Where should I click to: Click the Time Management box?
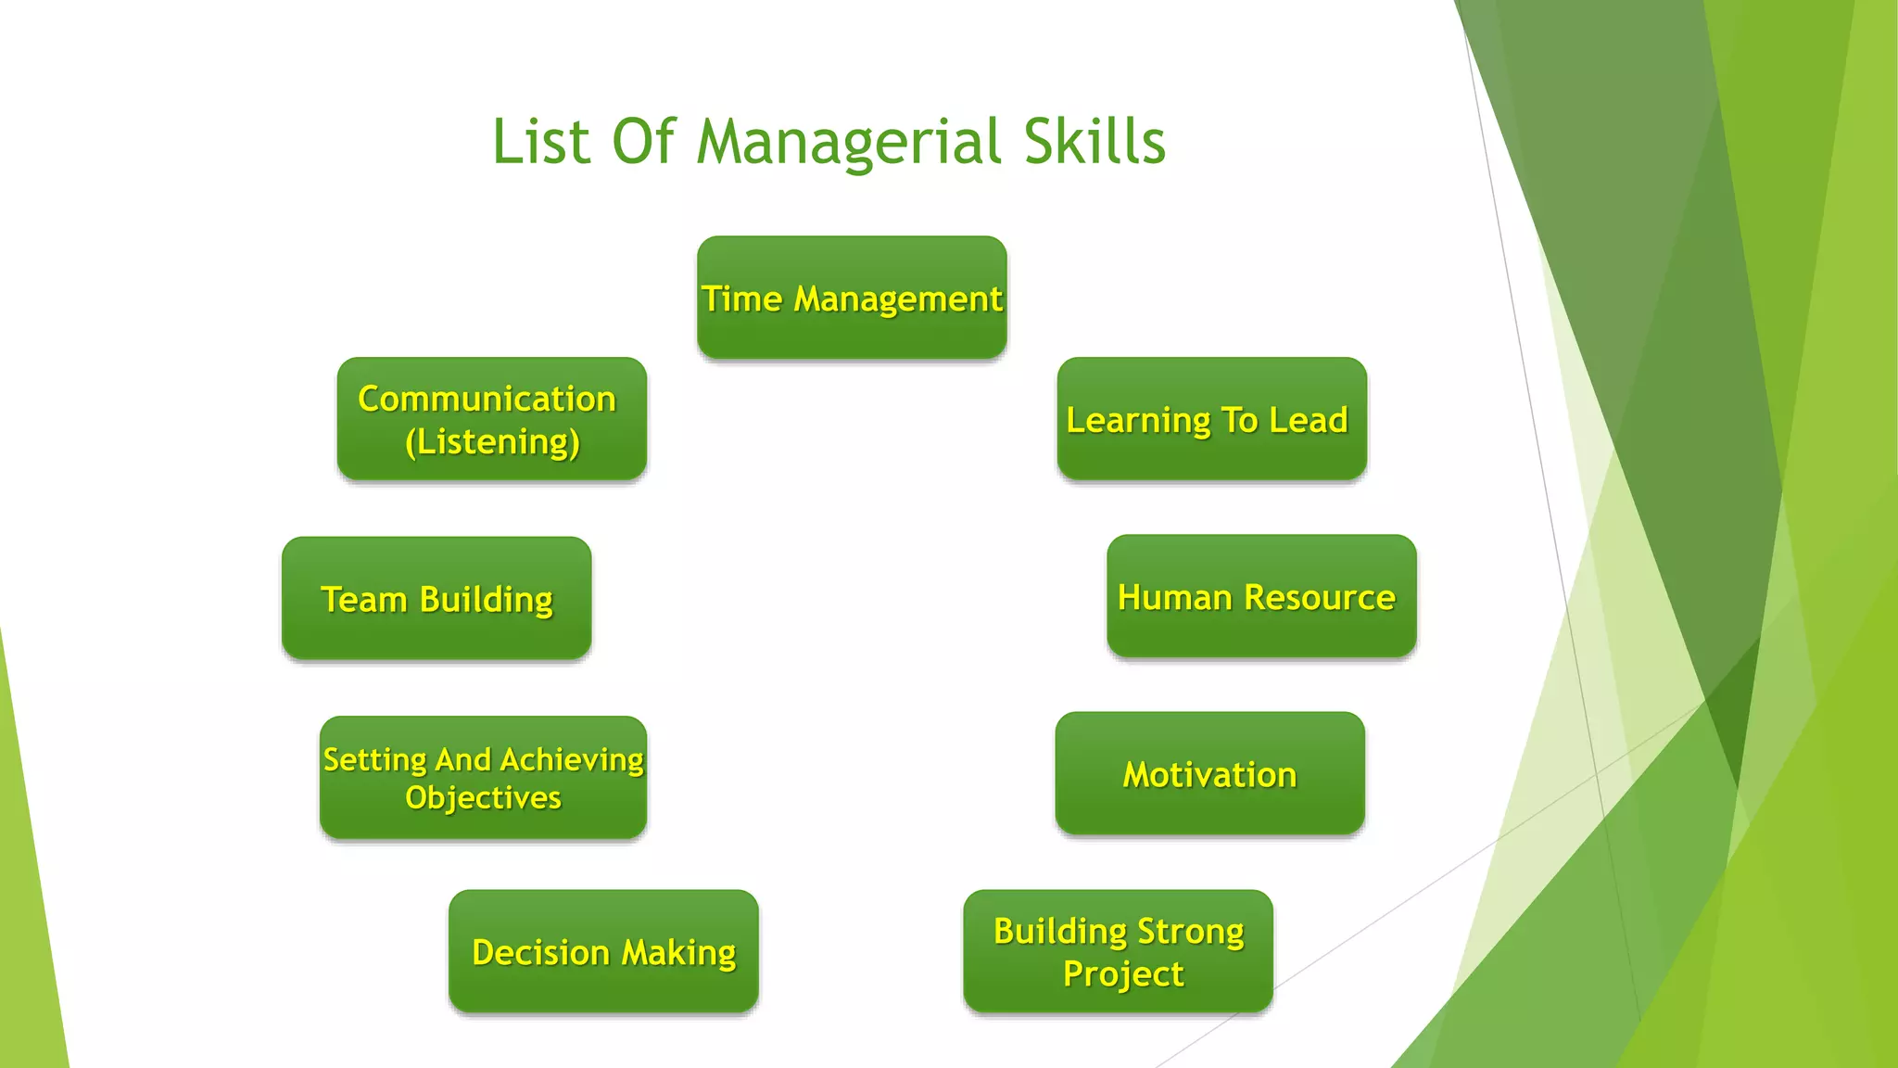click(x=852, y=298)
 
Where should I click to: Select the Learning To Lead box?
click(x=1211, y=419)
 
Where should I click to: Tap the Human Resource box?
click(x=1261, y=596)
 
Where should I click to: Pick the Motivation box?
click(x=1209, y=774)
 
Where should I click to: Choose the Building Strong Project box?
click(x=1118, y=951)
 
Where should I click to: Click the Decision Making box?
click(x=603, y=951)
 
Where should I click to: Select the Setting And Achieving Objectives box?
click(x=483, y=778)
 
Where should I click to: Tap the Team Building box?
click(x=437, y=599)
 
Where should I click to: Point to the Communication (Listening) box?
click(x=491, y=419)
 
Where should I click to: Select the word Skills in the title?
click(x=1095, y=142)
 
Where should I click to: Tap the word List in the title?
click(x=540, y=142)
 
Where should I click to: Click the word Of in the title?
click(x=643, y=142)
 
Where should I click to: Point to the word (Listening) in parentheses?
click(x=492, y=442)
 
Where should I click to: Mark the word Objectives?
click(x=483, y=798)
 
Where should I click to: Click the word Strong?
click(x=1190, y=931)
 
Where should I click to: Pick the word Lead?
click(x=1308, y=420)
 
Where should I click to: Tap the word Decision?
click(x=540, y=952)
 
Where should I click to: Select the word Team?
click(x=363, y=600)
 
